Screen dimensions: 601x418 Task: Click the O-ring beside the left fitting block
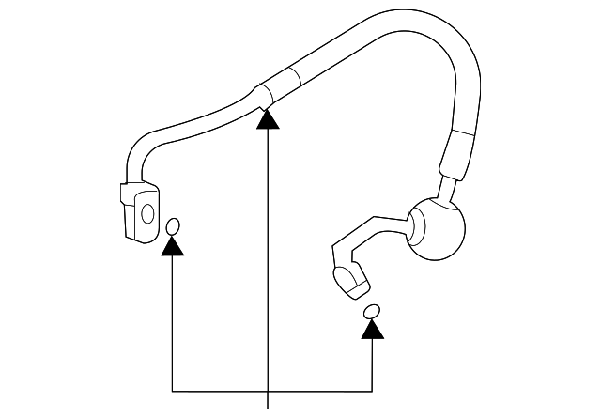click(x=173, y=226)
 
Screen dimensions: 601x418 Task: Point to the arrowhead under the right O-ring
click(x=373, y=328)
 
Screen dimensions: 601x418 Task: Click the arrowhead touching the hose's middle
click(x=270, y=118)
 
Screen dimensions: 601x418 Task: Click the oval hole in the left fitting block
click(x=146, y=211)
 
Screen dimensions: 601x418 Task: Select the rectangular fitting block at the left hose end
click(x=137, y=212)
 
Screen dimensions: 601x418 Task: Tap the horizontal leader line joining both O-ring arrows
click(x=272, y=387)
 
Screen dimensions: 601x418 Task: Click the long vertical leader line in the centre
click(x=270, y=263)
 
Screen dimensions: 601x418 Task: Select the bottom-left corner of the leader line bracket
click(x=173, y=387)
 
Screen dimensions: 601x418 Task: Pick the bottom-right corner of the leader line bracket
click(x=373, y=387)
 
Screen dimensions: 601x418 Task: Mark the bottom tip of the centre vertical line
click(x=270, y=406)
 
